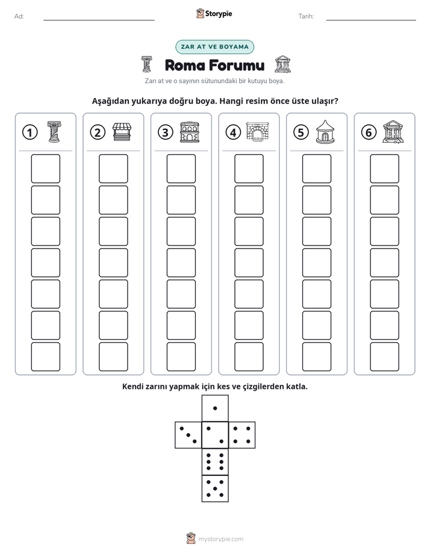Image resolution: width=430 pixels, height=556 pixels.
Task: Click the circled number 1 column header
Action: (30, 132)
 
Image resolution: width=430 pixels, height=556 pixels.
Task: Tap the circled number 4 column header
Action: (233, 132)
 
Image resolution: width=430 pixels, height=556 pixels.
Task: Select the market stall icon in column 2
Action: (122, 132)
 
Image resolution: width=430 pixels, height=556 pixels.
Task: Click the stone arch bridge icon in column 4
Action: (258, 132)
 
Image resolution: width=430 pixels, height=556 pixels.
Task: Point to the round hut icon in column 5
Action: (325, 132)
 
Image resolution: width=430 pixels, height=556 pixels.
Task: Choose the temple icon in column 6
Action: (393, 132)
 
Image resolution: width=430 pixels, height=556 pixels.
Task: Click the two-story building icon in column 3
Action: (190, 132)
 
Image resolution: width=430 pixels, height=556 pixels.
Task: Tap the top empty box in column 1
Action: (45, 168)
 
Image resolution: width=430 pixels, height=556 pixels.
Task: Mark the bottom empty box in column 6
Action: (384, 357)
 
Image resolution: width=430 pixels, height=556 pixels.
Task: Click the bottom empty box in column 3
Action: (181, 357)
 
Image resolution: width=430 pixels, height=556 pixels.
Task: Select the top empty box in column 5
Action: (316, 168)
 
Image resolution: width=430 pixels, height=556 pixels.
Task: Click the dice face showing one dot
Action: (215, 408)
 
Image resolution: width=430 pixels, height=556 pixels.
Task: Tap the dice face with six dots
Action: (215, 462)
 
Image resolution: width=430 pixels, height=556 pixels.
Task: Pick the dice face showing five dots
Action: (215, 488)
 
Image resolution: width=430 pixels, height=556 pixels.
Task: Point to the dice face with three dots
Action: (189, 434)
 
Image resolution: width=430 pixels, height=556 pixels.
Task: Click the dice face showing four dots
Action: (242, 434)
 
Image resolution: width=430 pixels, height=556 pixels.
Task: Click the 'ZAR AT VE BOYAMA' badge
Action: (214, 47)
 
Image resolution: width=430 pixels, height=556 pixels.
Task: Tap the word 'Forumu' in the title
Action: (236, 65)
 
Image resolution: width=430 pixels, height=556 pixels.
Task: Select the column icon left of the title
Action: (146, 64)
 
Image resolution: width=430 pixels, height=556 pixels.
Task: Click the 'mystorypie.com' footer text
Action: (220, 539)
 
